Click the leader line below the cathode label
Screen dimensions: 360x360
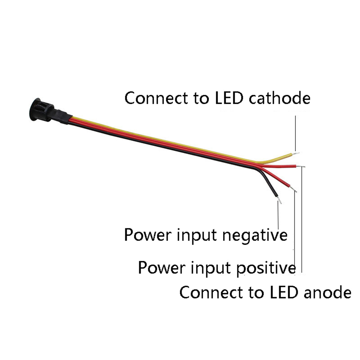point(295,133)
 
